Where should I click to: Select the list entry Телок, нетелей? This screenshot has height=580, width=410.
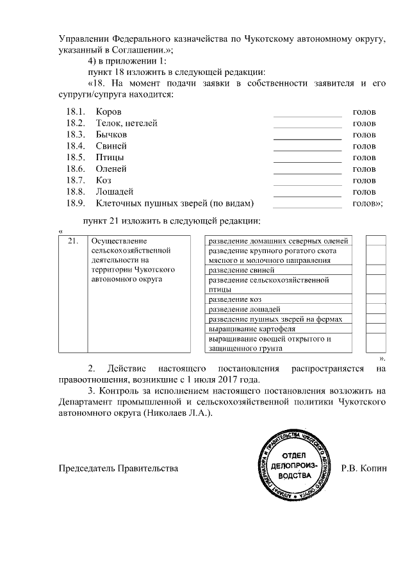[126, 123]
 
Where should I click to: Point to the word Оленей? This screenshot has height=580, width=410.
[112, 169]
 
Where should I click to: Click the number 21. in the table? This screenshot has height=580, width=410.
[73, 242]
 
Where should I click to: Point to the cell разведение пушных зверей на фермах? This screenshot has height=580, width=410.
[275, 319]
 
